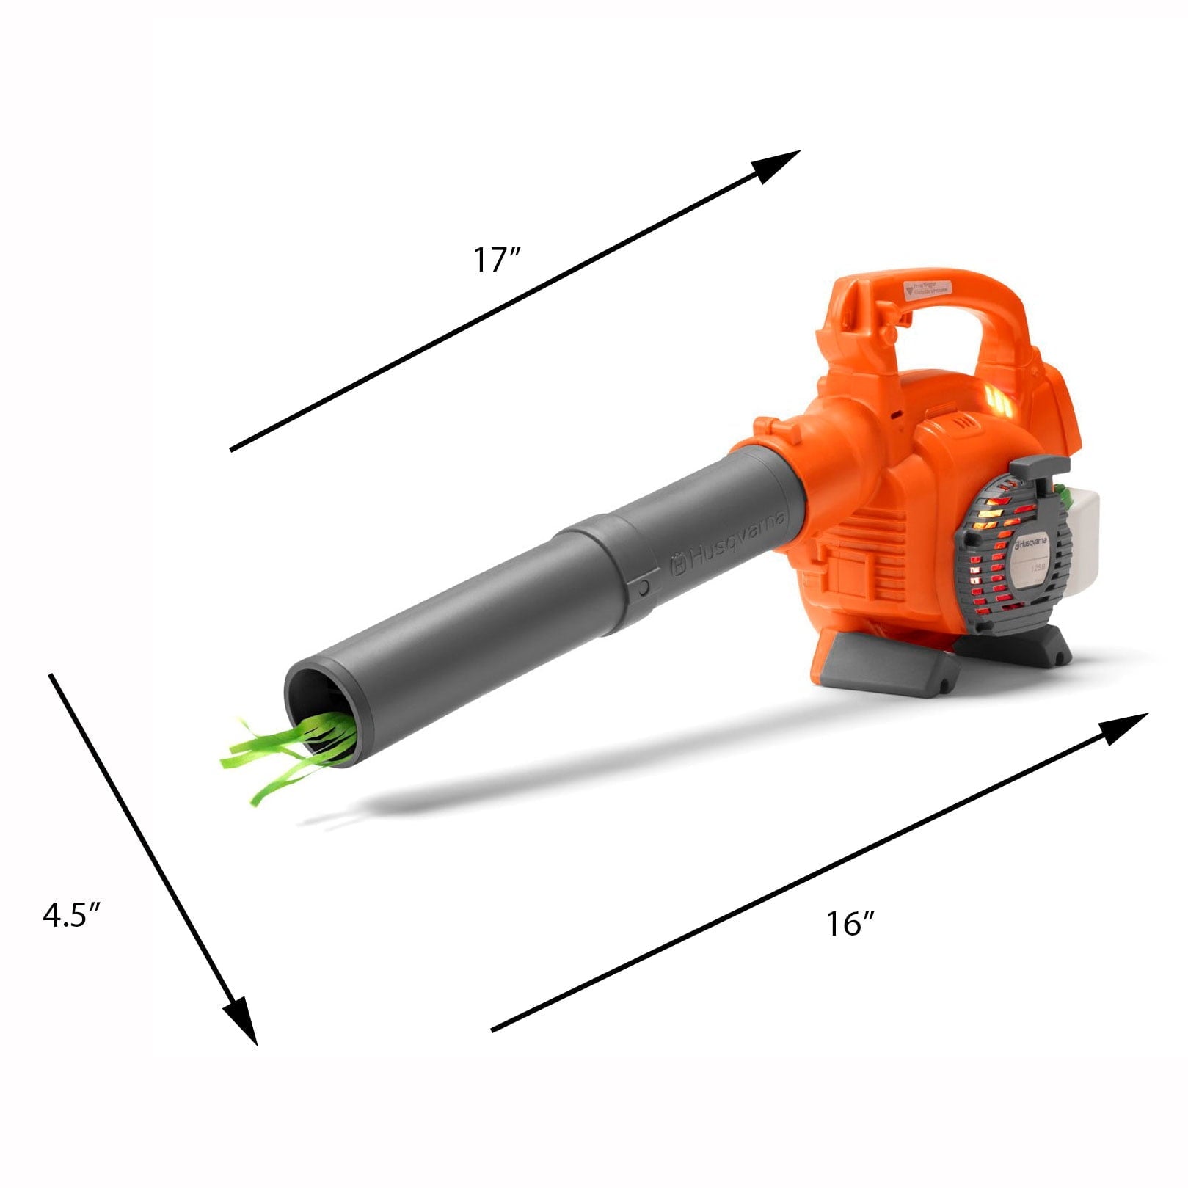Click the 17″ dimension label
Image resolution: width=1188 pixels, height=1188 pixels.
tap(496, 260)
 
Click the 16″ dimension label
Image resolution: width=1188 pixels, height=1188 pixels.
tap(850, 924)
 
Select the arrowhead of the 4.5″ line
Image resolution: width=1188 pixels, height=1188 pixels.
tap(242, 1020)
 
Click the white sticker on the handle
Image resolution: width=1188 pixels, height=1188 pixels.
tap(927, 288)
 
